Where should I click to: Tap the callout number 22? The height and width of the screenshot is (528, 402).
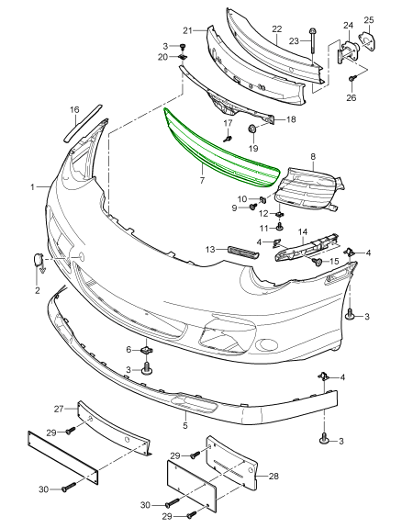[277, 29]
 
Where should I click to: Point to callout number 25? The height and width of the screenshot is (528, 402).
[369, 20]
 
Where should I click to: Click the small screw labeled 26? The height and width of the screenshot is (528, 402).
[352, 78]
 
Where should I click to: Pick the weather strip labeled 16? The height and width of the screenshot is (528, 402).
[83, 122]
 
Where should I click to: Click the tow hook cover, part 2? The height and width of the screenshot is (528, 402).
[39, 259]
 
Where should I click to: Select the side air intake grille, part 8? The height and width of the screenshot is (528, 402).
[307, 189]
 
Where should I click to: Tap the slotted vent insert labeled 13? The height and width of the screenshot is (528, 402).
[243, 253]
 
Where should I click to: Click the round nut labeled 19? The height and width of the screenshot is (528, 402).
[251, 129]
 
